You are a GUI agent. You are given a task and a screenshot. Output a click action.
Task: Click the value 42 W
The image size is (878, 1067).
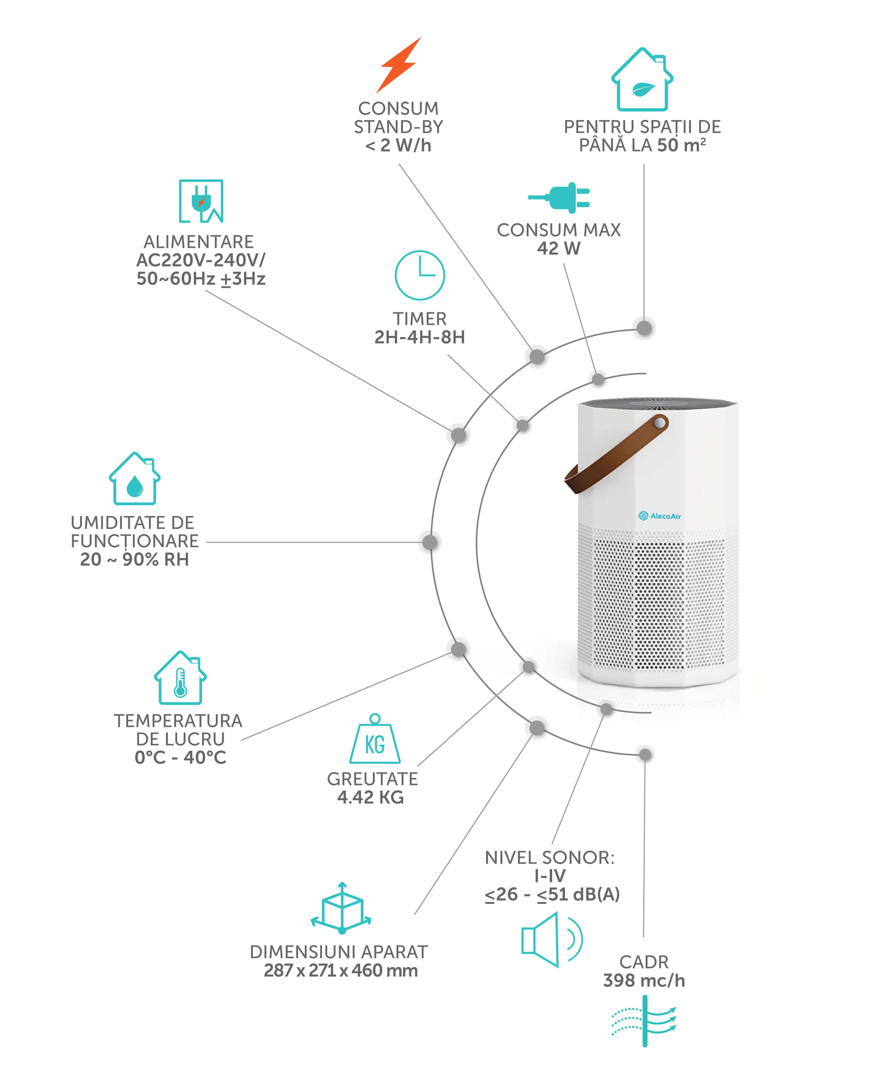point(558,248)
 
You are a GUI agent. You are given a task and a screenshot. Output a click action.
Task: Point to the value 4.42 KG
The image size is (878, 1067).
point(371,797)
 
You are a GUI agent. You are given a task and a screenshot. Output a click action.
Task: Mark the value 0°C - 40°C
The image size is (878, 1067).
point(180,757)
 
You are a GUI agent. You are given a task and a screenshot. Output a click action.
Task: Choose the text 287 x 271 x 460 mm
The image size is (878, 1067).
point(340,970)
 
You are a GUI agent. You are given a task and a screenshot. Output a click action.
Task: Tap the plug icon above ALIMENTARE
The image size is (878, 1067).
point(201,201)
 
